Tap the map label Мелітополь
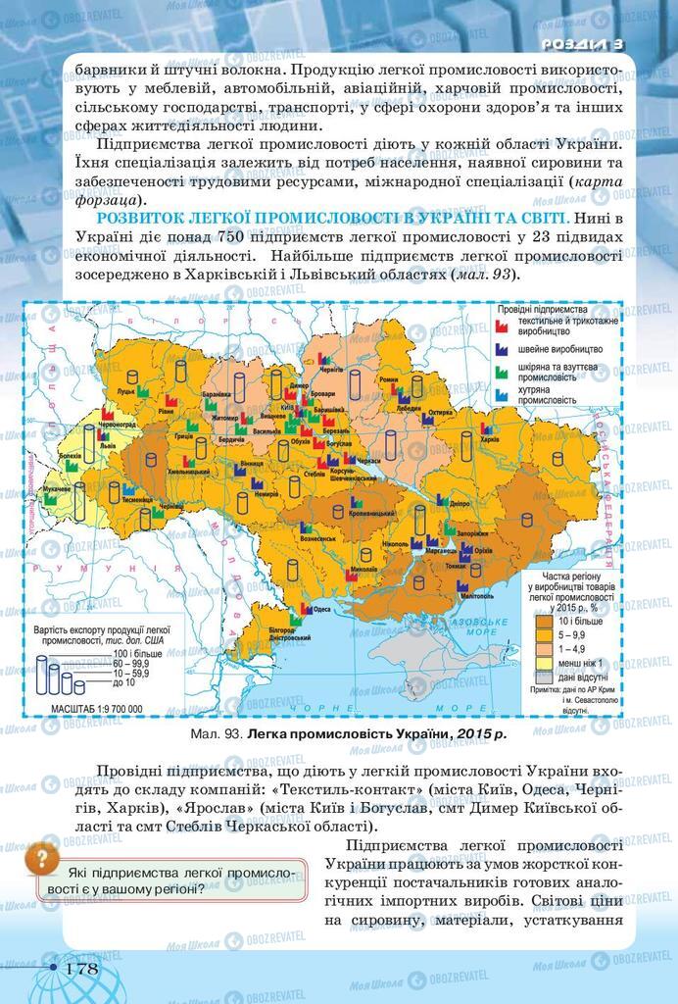(475, 595)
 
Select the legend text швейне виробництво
(560, 349)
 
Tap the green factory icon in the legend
(501, 372)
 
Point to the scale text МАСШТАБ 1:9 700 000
(90, 707)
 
